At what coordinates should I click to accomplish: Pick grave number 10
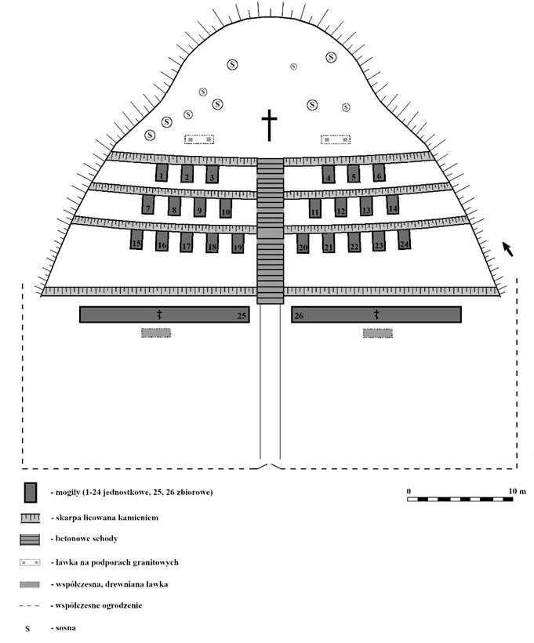click(x=226, y=208)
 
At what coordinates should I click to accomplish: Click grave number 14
click(x=393, y=204)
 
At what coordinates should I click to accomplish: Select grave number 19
click(x=238, y=243)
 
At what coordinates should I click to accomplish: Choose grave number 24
click(x=405, y=240)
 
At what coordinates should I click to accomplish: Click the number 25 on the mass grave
click(x=242, y=316)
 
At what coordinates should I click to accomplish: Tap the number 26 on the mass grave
click(x=299, y=316)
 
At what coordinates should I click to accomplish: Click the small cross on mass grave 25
click(x=159, y=314)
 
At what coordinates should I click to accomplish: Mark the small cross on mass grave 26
click(x=376, y=314)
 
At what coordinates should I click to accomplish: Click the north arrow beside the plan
click(x=508, y=249)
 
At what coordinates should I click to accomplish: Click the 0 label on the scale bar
click(x=409, y=490)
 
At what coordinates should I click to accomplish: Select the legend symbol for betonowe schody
click(x=31, y=540)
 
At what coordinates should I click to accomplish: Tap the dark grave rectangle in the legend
click(x=31, y=492)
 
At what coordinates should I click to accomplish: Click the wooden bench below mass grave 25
click(x=156, y=333)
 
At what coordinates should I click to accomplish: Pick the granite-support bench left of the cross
click(x=199, y=139)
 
